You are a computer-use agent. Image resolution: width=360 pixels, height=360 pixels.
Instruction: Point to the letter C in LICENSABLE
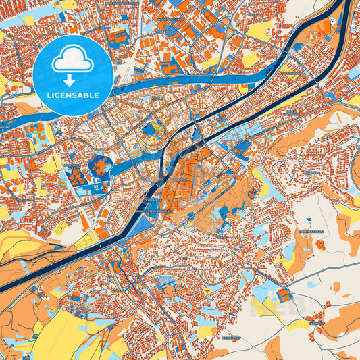(59, 95)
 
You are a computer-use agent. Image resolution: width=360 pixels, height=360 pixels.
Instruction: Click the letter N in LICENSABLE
(70, 95)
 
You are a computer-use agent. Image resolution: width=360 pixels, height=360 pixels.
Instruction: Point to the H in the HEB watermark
(260, 307)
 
